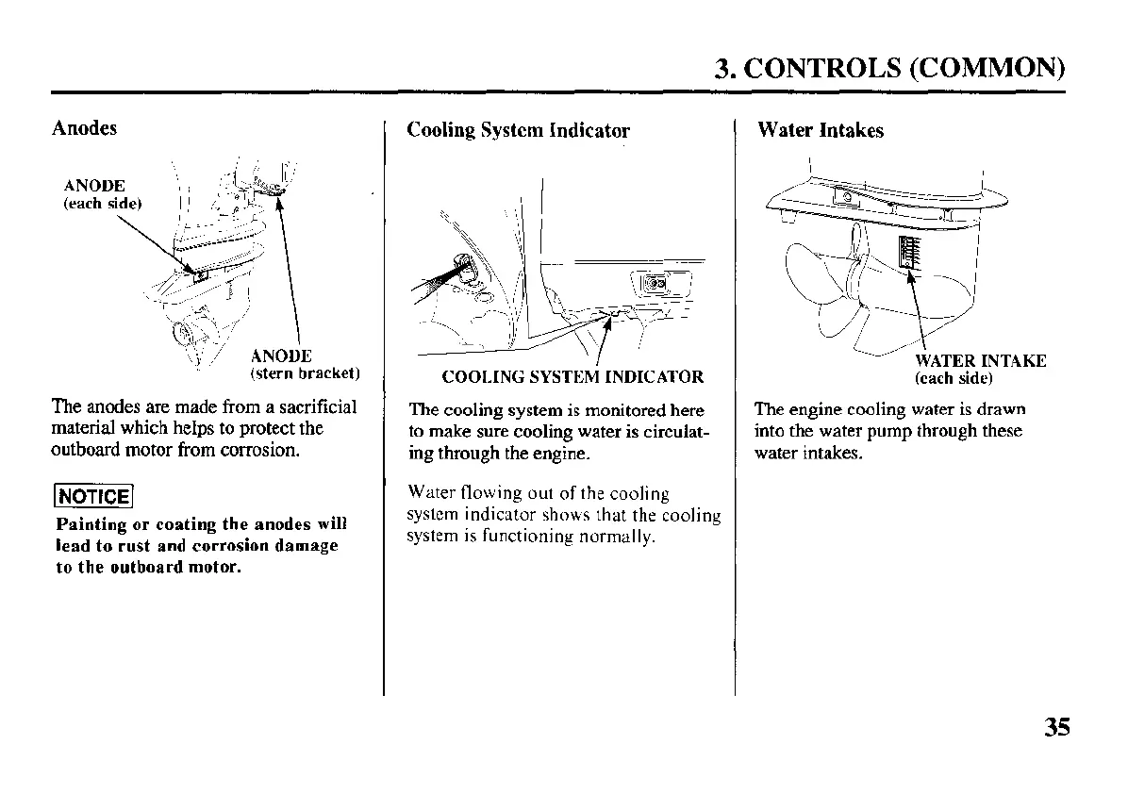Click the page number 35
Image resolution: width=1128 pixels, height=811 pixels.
click(1057, 727)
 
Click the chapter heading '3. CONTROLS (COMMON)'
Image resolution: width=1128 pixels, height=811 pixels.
click(889, 68)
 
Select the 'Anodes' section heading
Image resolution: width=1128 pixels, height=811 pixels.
click(84, 128)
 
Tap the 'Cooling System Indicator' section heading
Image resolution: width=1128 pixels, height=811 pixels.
click(518, 130)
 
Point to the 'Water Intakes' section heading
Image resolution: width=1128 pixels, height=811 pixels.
click(821, 130)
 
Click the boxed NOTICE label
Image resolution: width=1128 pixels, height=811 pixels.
click(92, 496)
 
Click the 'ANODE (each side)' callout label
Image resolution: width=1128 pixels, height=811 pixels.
click(101, 193)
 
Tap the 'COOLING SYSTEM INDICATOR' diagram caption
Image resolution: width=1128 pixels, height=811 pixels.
click(572, 377)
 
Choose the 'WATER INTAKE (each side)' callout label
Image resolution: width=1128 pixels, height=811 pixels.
click(979, 369)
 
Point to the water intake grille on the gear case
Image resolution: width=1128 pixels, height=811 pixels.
click(909, 256)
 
